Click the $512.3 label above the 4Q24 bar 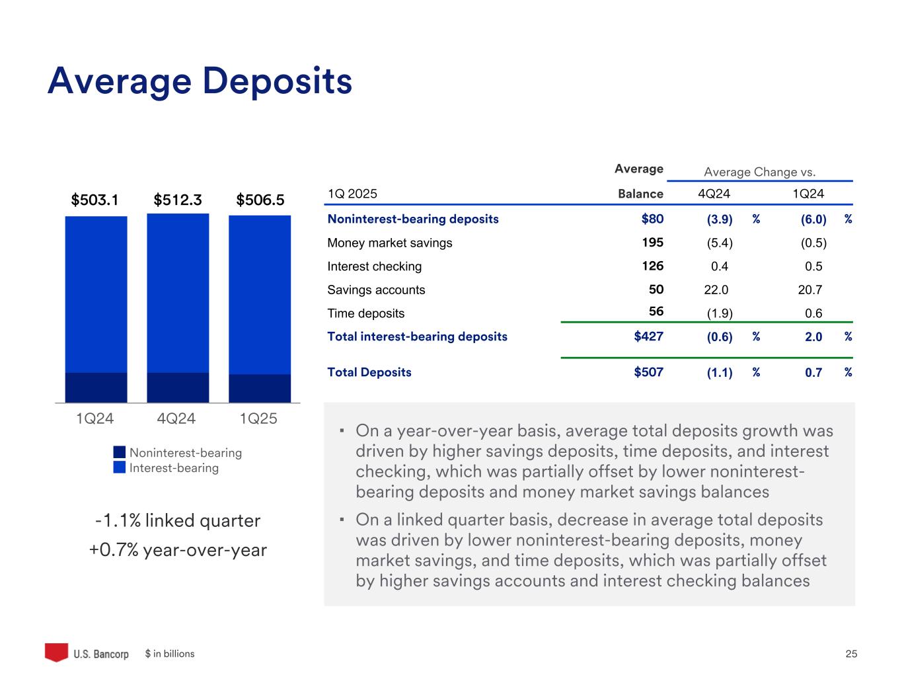(177, 200)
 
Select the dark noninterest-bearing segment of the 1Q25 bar (260, 388)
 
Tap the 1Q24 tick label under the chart (95, 418)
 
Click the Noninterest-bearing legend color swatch (119, 452)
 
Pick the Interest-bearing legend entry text (174, 468)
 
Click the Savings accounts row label (376, 290)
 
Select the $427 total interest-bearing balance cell (648, 337)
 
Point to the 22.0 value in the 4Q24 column (716, 290)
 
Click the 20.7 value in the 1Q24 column (810, 290)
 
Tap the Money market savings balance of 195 (652, 243)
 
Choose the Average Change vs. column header (760, 172)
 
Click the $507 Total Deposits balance (648, 372)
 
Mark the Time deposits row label (365, 313)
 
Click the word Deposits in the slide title (278, 81)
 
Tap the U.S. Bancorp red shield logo (56, 652)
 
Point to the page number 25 (851, 654)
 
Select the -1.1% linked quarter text (178, 521)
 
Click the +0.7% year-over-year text (178, 550)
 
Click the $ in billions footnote (170, 654)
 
